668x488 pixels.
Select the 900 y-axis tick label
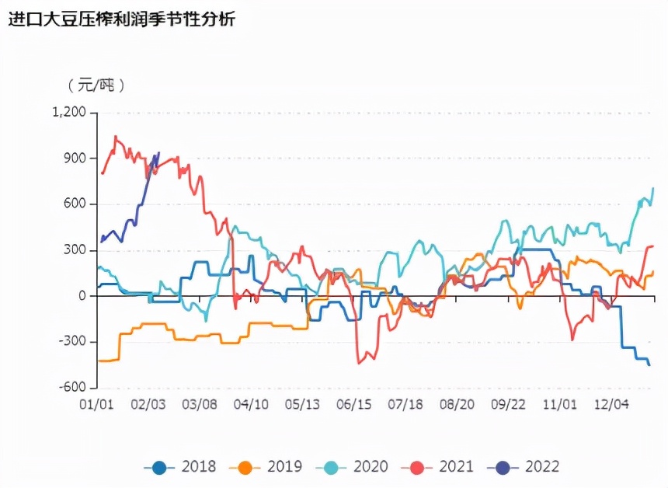[x=75, y=159]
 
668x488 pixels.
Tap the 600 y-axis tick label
[x=75, y=204]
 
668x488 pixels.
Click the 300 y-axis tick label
[x=75, y=250]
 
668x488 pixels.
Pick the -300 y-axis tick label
[x=73, y=342]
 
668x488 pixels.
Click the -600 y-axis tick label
[x=73, y=388]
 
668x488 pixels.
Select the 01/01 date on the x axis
[x=97, y=404]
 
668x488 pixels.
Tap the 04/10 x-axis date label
[x=251, y=404]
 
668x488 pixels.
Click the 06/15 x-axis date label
[x=354, y=404]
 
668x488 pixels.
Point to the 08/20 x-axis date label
[x=457, y=404]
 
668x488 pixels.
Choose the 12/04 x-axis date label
[x=611, y=404]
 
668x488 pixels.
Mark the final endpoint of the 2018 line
[x=649, y=365]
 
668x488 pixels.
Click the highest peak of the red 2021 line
[x=116, y=137]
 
